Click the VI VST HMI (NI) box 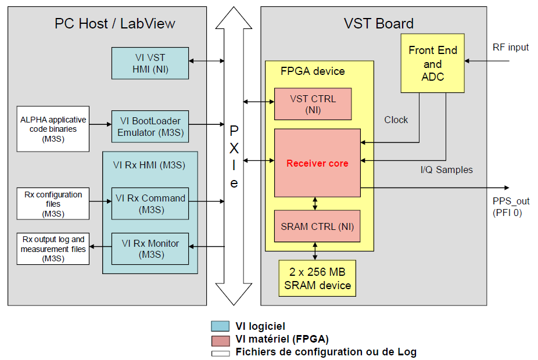pyautogui.click(x=150, y=63)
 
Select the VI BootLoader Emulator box pyautogui.click(x=150, y=127)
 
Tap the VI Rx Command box pyautogui.click(x=150, y=203)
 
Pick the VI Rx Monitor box pyautogui.click(x=150, y=249)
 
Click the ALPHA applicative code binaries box pyautogui.click(x=53, y=128)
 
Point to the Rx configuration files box pyautogui.click(x=53, y=203)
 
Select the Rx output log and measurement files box pyautogui.click(x=53, y=249)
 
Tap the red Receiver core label pyautogui.click(x=317, y=163)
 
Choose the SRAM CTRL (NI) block pyautogui.click(x=317, y=226)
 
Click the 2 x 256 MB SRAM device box pyautogui.click(x=317, y=278)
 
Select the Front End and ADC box pyautogui.click(x=432, y=63)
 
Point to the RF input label pyautogui.click(x=511, y=47)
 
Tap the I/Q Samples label pyautogui.click(x=446, y=170)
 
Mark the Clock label pyautogui.click(x=396, y=120)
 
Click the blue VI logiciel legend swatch pyautogui.click(x=220, y=326)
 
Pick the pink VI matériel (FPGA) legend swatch pyautogui.click(x=220, y=339)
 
